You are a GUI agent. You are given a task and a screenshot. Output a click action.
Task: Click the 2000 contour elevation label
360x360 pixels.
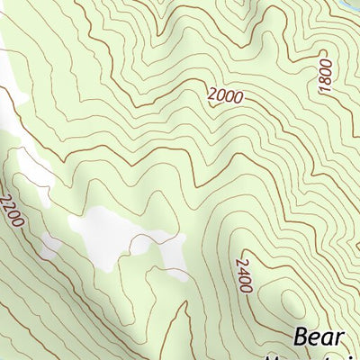coord(224,95)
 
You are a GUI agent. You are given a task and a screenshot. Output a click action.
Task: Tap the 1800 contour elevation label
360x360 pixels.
coord(325,77)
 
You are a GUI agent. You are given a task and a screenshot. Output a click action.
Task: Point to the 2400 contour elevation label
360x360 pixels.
coord(242,274)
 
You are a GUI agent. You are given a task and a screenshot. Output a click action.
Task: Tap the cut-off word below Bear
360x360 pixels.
coord(315,357)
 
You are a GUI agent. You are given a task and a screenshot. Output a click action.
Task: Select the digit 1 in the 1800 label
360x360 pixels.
coord(325,91)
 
